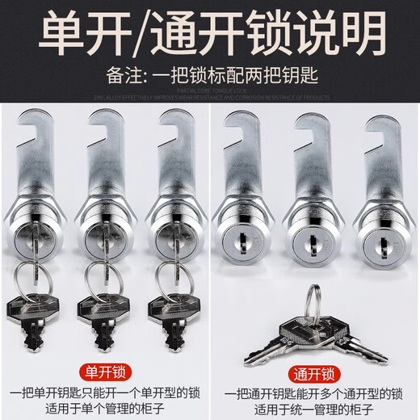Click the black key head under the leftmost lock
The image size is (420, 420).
point(30,308)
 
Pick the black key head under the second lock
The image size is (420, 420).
point(101,308)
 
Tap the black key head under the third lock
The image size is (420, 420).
point(171,308)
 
